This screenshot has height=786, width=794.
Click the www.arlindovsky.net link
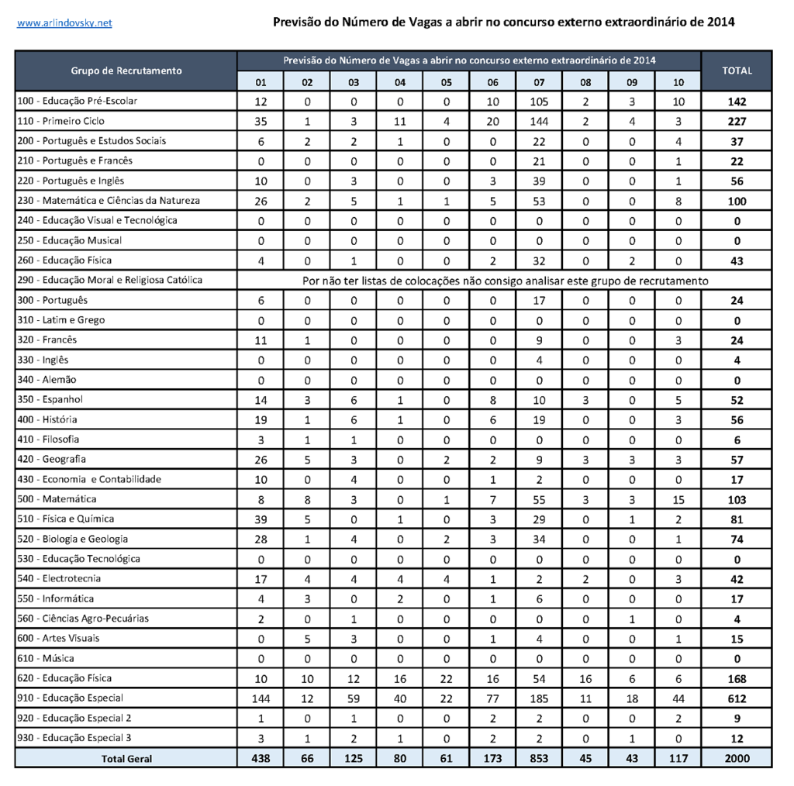64,23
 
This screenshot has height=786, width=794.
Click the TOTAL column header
737,71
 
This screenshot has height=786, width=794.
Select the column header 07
540,82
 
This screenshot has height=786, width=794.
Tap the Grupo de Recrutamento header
126,71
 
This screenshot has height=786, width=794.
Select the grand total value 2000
737,759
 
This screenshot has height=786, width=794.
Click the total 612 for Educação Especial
737,698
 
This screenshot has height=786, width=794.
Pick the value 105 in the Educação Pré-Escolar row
540,102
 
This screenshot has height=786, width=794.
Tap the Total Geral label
126,759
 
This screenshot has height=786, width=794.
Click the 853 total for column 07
540,759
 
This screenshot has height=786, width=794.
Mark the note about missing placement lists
505,281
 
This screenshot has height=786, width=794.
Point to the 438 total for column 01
261,759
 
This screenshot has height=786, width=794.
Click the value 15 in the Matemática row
678,500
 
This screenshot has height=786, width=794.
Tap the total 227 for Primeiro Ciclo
737,122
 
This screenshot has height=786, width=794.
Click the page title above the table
504,22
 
